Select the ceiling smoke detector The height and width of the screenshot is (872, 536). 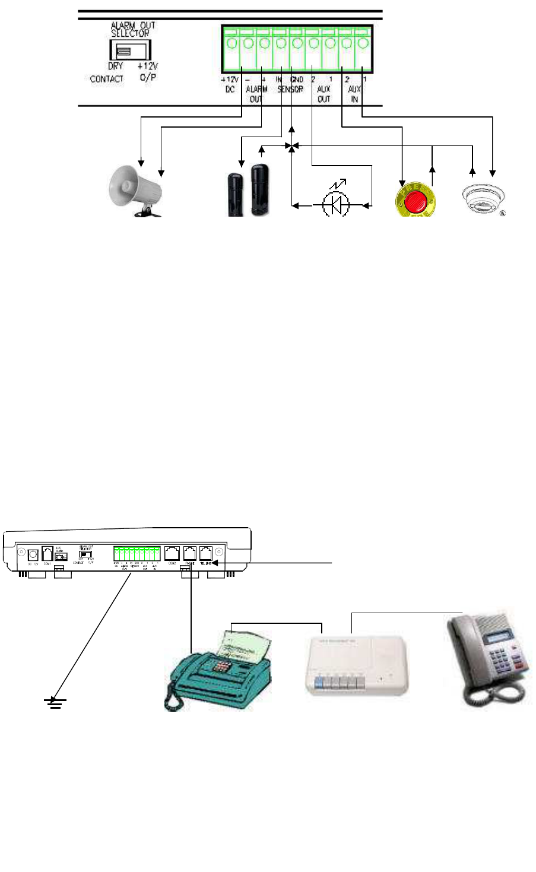(483, 197)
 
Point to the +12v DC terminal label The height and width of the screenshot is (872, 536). (229, 84)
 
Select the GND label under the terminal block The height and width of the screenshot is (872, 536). (297, 80)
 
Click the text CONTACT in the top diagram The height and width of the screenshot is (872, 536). (107, 79)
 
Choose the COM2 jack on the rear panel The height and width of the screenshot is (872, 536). (173, 553)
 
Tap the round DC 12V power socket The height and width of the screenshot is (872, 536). (33, 554)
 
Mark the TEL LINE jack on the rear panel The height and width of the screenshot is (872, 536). (205, 553)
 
